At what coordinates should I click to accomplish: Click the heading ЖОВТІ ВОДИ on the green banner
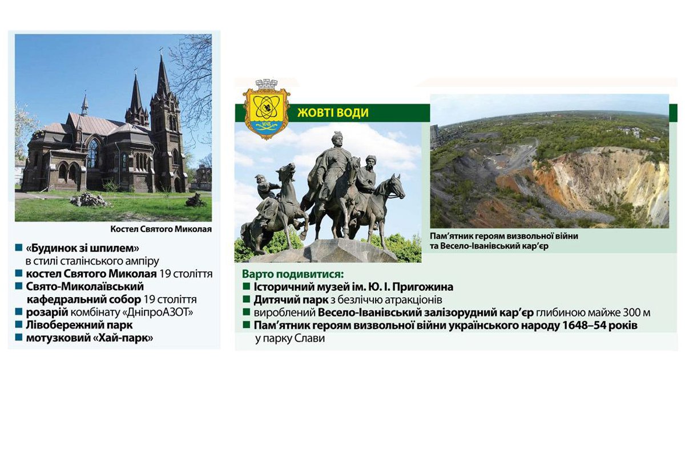tap(333, 113)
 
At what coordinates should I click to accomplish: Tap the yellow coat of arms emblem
tap(267, 109)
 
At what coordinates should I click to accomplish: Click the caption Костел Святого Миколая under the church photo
tap(161, 229)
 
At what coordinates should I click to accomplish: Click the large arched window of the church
tap(92, 153)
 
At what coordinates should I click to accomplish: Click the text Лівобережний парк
tap(79, 325)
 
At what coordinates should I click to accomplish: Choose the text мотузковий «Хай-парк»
tap(89, 338)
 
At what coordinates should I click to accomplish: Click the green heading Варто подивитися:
tap(292, 274)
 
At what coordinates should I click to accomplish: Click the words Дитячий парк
tap(291, 300)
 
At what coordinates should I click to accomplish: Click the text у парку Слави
tap(290, 339)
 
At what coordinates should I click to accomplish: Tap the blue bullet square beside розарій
tap(19, 311)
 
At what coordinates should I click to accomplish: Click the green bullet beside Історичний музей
tap(246, 287)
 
